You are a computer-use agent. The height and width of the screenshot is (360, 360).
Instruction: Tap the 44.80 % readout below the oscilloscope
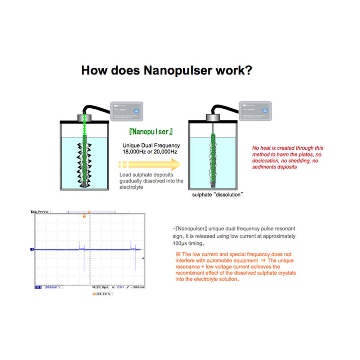coord(103,294)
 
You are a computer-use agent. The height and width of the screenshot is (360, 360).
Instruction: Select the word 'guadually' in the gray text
coord(130,181)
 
